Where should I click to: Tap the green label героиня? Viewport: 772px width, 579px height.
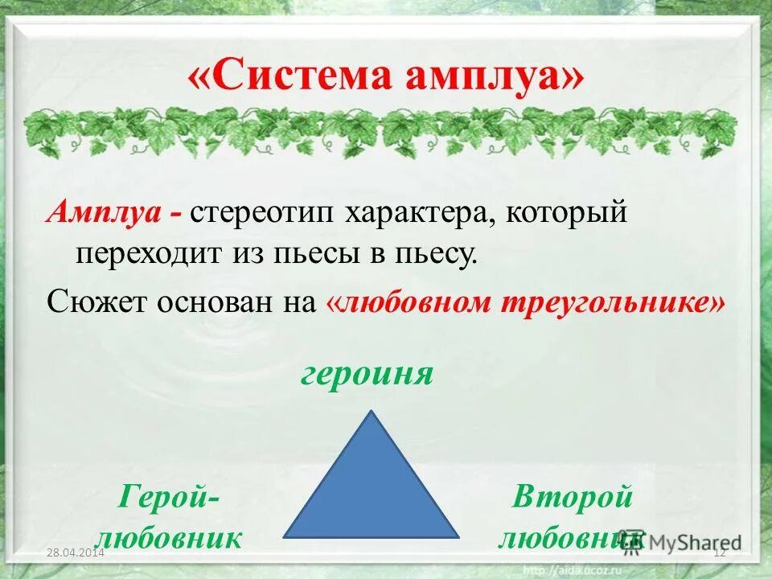point(368,374)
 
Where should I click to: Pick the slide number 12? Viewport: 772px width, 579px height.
point(720,552)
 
